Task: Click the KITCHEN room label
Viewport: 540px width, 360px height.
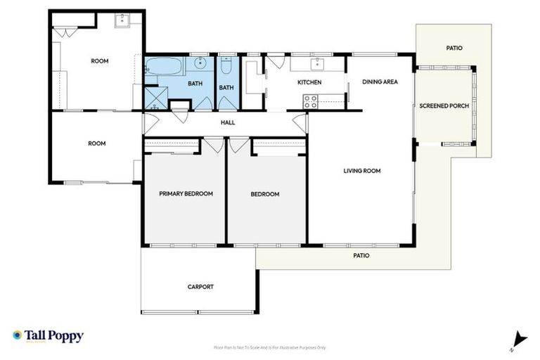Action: (309, 82)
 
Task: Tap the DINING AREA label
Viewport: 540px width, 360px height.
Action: (380, 82)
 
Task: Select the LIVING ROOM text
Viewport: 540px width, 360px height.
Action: (361, 170)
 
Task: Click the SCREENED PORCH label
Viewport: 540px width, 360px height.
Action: (444, 106)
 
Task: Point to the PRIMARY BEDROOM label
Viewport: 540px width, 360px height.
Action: (186, 193)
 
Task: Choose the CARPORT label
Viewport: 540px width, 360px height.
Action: (200, 286)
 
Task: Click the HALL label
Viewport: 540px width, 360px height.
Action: (227, 122)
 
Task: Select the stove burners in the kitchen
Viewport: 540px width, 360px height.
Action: (310, 102)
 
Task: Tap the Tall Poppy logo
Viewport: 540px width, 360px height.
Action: (48, 336)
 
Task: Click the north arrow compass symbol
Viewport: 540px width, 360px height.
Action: (519, 339)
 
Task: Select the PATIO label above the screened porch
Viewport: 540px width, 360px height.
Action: (454, 48)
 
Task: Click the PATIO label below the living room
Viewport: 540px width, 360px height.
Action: (360, 255)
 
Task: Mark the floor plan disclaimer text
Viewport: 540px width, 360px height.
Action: (270, 347)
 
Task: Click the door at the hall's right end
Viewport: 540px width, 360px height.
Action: (301, 123)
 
